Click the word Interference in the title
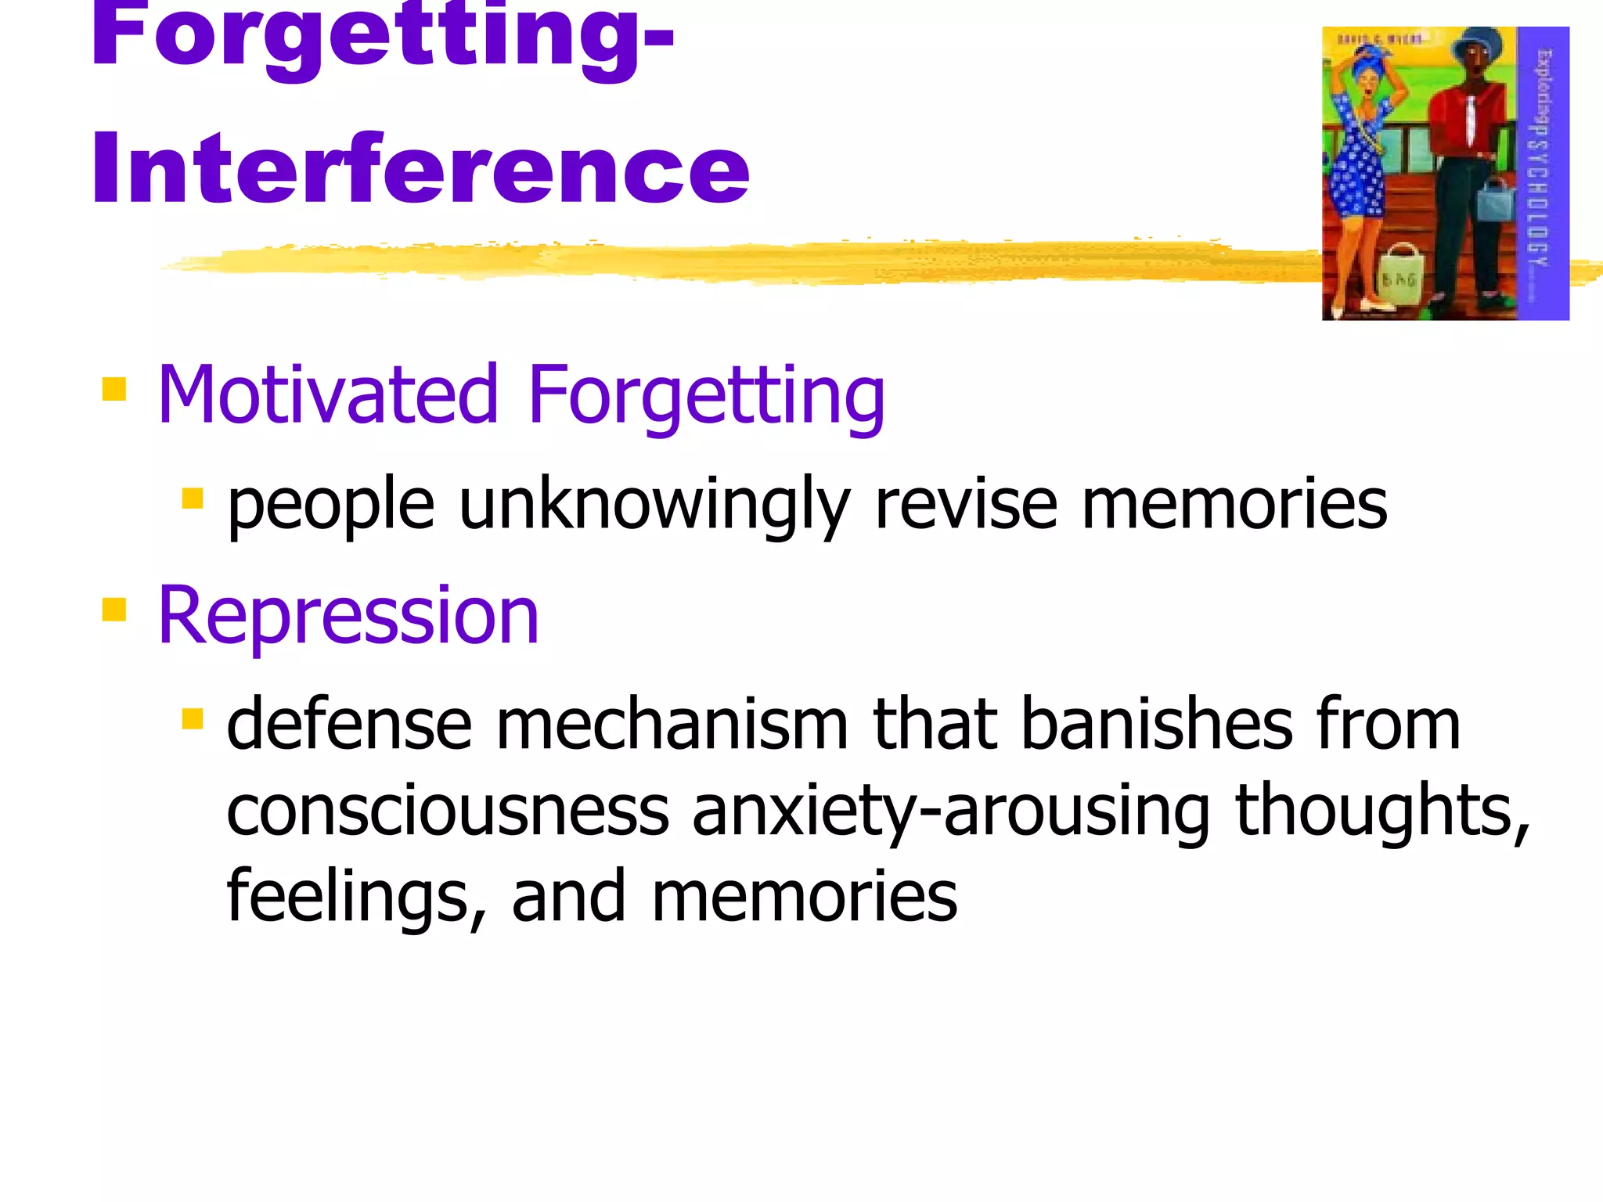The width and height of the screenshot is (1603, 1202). pos(420,168)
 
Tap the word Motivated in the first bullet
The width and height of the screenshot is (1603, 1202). pos(327,395)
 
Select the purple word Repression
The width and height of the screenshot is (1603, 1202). pos(348,617)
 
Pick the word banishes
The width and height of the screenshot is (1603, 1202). pos(1157,724)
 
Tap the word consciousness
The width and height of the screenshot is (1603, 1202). pos(447,811)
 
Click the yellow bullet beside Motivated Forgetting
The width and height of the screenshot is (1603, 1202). pos(114,389)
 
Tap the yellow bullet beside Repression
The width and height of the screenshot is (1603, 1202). pos(114,609)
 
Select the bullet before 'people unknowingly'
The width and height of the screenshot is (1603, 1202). pos(193,498)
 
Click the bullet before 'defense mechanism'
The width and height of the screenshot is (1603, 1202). pos(193,718)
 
